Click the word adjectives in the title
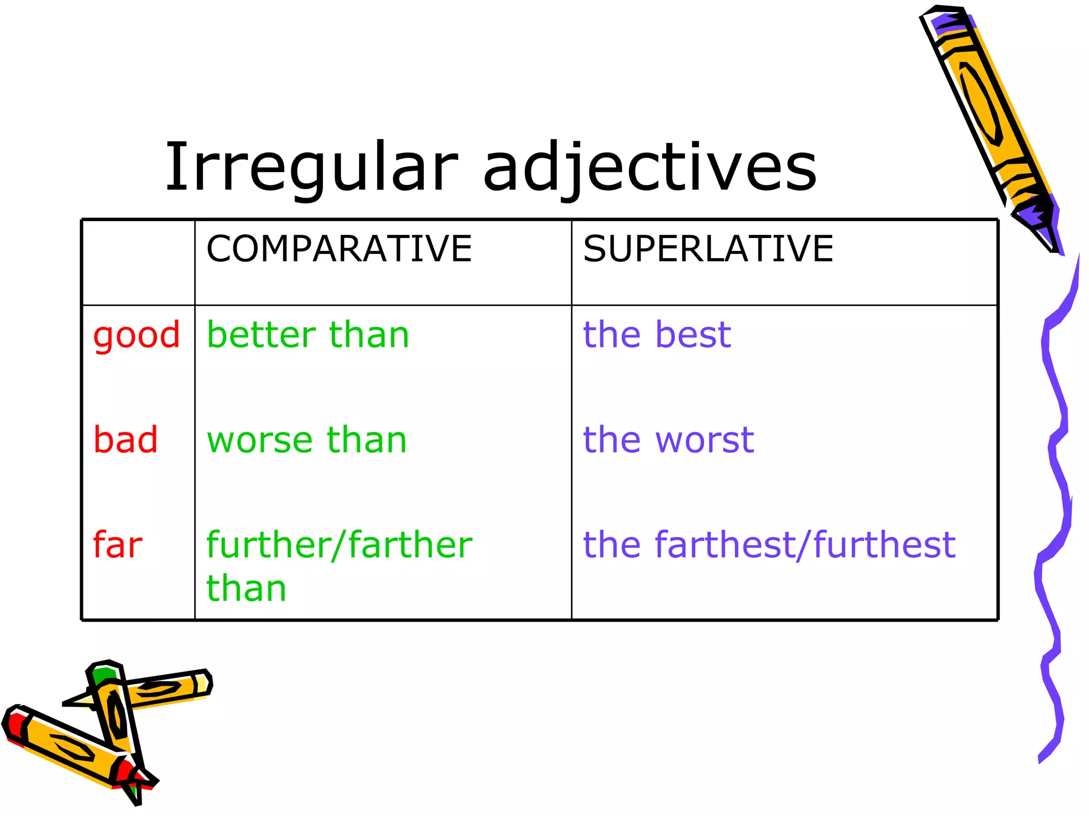click(650, 167)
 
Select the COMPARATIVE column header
click(339, 249)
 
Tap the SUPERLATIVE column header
click(708, 249)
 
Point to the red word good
click(137, 336)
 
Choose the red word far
click(118, 545)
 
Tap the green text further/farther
click(339, 545)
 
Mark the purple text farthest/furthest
click(805, 545)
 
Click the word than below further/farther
click(246, 589)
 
